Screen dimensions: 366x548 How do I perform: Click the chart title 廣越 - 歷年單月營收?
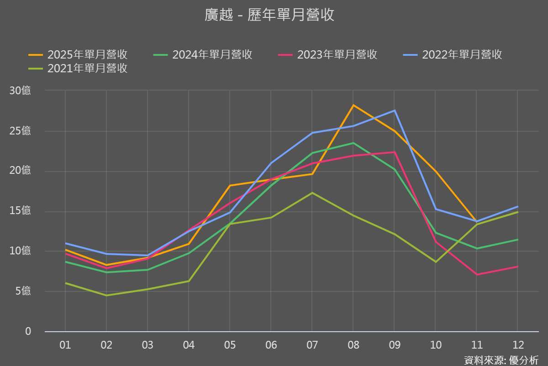tap(269, 15)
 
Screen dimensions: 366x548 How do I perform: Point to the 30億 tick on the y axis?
tap(20, 91)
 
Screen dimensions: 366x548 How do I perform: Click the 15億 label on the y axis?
tap(20, 211)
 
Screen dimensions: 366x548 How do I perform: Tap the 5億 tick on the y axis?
tap(23, 291)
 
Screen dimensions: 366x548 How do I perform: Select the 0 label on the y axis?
tap(28, 331)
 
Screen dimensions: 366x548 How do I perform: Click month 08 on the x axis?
tap(353, 345)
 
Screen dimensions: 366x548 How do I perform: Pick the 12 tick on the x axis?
tap(518, 345)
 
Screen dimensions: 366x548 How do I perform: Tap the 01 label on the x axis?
tap(65, 345)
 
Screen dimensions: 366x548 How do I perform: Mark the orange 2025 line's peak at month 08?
tap(353, 105)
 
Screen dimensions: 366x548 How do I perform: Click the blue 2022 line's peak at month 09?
tap(395, 110)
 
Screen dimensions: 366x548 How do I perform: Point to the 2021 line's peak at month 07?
tap(312, 193)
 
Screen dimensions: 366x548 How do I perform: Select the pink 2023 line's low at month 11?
tap(477, 274)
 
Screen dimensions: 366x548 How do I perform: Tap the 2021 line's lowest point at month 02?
tap(106, 295)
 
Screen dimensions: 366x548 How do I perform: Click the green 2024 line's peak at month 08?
tap(353, 143)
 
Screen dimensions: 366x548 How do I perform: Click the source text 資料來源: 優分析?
tap(501, 360)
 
